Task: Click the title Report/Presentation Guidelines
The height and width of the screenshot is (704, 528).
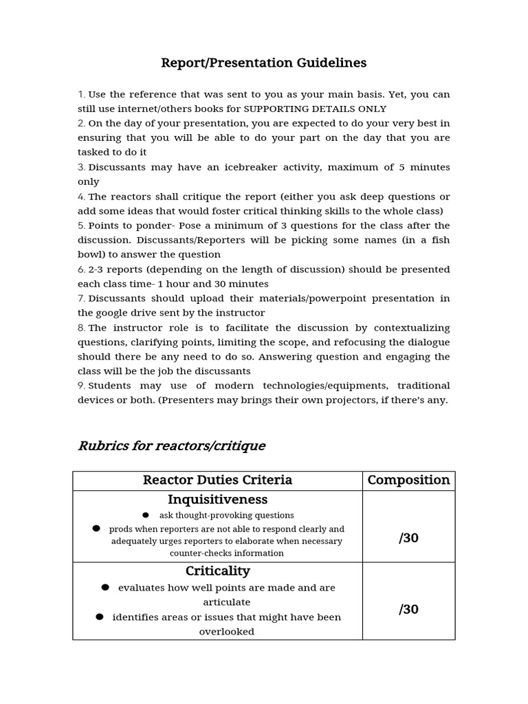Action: (x=263, y=63)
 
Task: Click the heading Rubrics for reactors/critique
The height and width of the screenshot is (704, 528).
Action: (x=171, y=445)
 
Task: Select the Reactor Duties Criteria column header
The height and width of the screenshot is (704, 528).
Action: (x=217, y=480)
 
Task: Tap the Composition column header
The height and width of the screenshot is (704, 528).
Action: (x=408, y=480)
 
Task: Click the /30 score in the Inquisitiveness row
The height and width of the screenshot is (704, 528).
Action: (x=408, y=538)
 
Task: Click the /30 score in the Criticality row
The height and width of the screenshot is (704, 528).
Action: (x=408, y=609)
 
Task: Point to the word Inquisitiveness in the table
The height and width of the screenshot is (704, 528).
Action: (x=217, y=500)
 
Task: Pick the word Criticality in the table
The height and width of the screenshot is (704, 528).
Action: (x=217, y=571)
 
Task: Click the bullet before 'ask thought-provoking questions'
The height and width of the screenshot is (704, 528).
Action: (x=146, y=515)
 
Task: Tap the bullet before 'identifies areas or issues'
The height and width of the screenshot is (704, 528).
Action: (x=100, y=617)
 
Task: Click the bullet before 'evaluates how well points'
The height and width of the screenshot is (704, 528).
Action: (x=105, y=587)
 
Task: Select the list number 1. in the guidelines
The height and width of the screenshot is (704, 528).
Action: (x=81, y=94)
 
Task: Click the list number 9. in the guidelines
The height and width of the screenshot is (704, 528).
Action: (x=81, y=386)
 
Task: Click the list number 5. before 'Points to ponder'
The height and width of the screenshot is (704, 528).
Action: (x=81, y=225)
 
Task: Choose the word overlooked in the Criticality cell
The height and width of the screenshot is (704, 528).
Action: (x=227, y=631)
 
